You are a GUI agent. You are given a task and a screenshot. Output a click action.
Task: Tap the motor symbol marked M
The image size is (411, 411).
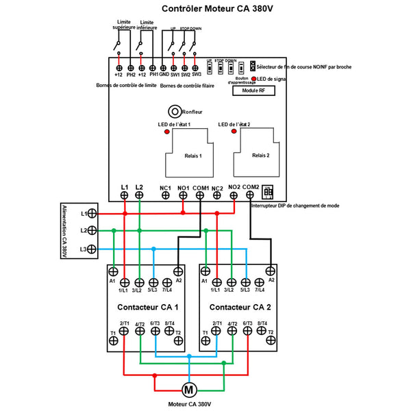point(187,390)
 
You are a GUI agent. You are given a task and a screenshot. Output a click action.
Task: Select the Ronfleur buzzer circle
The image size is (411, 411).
point(175,112)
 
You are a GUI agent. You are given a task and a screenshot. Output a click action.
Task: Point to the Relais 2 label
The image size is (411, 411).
point(261,156)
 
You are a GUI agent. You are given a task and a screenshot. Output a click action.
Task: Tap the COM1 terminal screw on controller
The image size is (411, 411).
point(200,195)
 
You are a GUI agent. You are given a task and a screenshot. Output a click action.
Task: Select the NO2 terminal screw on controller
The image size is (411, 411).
point(234,195)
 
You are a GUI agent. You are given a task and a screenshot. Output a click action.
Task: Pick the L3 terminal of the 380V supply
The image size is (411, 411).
point(91,249)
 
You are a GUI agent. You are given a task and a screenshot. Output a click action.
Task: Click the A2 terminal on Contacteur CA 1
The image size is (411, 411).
point(179,271)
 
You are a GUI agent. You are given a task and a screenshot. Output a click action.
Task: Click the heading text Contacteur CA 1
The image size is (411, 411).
point(148,307)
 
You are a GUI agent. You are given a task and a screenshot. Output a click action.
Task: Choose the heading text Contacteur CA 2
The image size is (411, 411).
point(240,307)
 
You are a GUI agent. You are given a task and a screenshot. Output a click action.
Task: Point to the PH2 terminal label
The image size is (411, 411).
point(131,75)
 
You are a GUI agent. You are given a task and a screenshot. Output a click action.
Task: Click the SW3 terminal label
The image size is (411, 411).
point(196,75)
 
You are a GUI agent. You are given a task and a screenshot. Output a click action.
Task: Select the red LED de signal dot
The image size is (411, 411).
point(254,79)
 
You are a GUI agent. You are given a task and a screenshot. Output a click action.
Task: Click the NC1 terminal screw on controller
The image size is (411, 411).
point(166,195)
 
